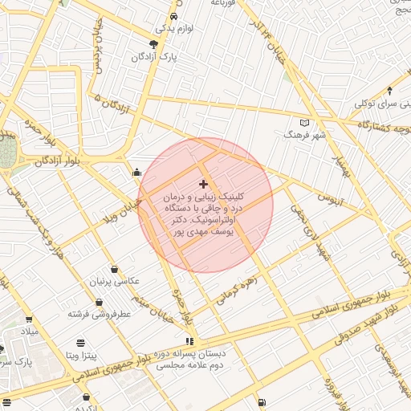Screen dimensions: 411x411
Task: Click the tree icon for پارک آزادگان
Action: (153, 44)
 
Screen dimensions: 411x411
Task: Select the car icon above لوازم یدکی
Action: (174, 16)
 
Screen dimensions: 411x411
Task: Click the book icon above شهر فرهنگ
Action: (303, 122)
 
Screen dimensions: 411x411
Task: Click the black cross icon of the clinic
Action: (203, 184)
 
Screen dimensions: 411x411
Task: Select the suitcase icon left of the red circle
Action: (137, 171)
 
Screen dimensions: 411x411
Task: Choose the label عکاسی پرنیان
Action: (117, 281)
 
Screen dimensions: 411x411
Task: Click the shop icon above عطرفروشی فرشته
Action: (98, 302)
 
